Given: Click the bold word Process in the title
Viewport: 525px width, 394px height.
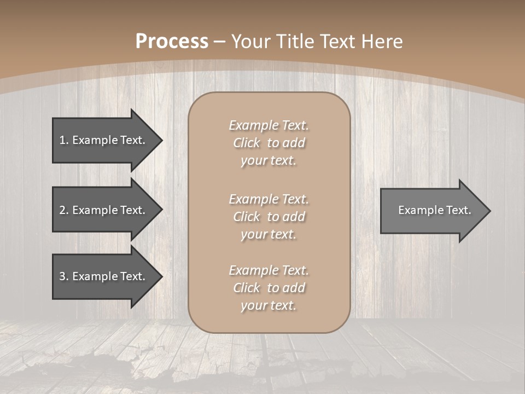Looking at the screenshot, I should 172,42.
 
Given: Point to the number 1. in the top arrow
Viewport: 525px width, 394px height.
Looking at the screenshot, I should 64,140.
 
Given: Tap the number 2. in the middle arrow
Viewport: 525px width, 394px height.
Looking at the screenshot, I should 64,210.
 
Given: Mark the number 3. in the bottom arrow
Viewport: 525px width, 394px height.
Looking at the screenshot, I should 64,276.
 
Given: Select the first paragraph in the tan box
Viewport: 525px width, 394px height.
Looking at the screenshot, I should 269,143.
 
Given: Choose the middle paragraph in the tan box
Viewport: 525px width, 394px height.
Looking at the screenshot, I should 269,217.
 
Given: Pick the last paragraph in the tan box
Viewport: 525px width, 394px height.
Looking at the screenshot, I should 269,288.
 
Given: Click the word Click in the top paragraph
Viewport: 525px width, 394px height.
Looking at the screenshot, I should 247,143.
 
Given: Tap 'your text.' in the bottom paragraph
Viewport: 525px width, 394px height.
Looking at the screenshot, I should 269,305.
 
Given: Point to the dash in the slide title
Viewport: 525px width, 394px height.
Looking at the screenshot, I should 220,42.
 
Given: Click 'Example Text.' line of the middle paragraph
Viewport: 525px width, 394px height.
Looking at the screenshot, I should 269,199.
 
